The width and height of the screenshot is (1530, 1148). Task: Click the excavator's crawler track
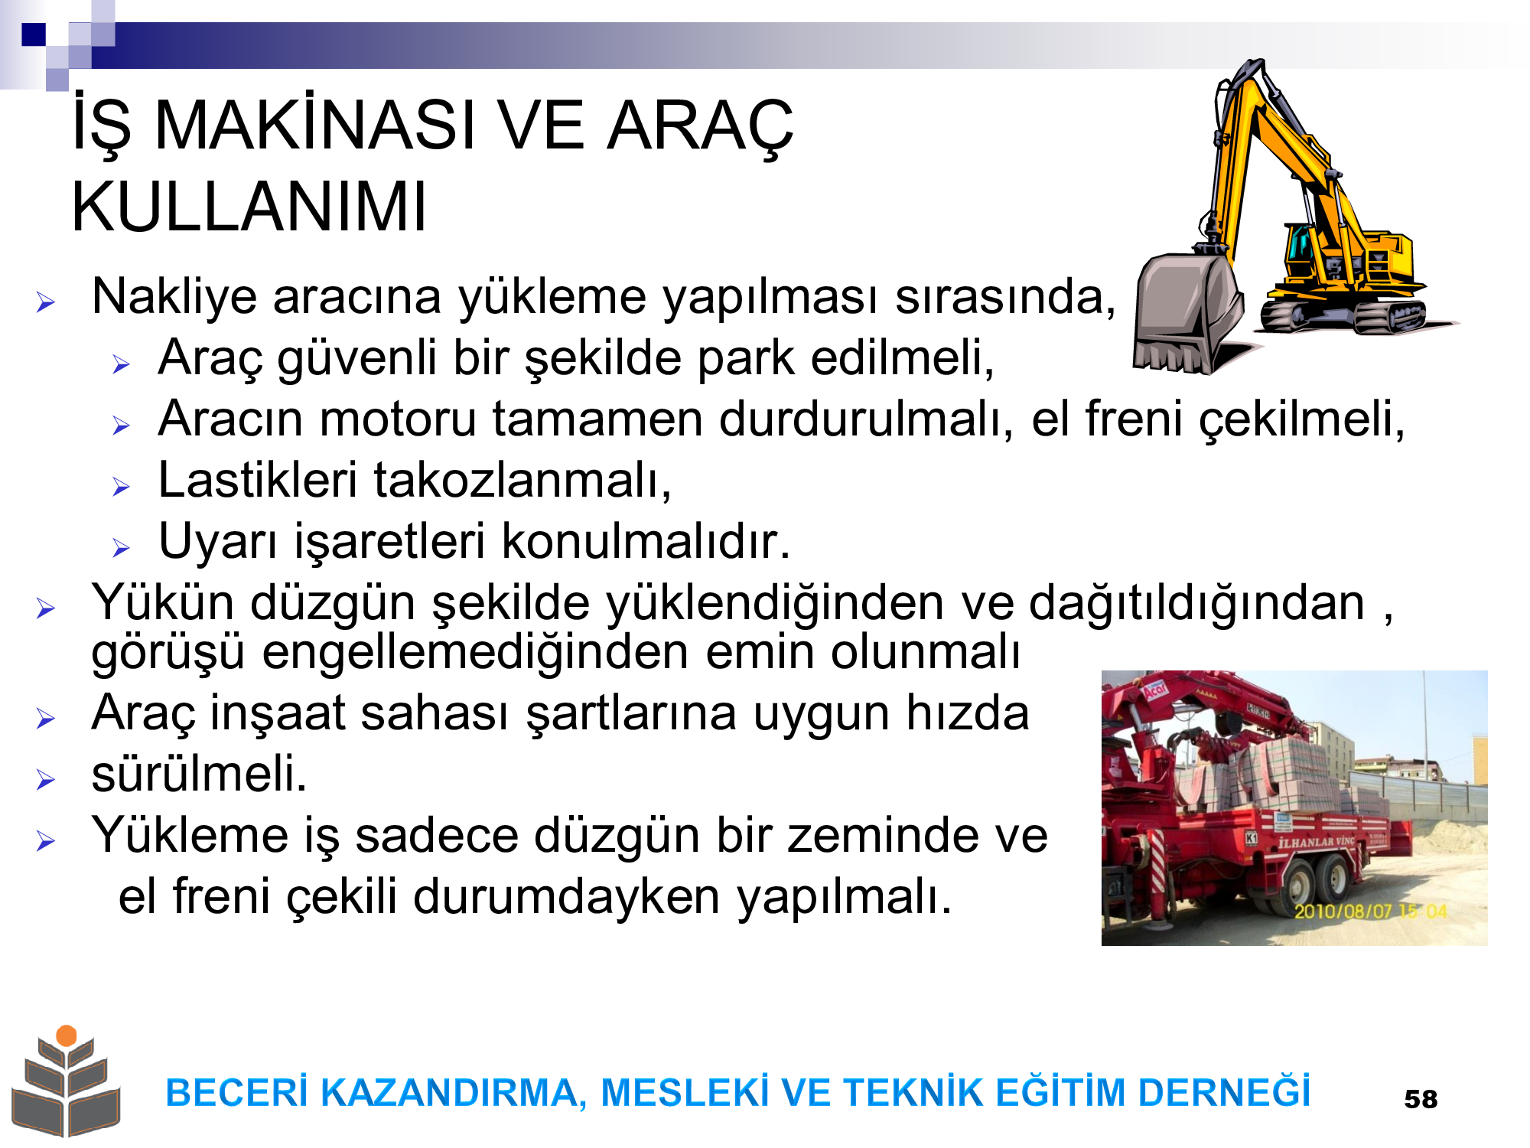coord(1343,315)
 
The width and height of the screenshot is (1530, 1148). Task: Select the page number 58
coord(1421,1099)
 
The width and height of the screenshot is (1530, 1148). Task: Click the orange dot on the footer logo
coord(67,1035)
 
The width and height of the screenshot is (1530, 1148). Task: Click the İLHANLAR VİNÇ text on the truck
coord(1317,843)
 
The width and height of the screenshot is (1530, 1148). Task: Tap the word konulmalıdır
coord(646,541)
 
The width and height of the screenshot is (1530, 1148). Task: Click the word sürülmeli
coord(199,773)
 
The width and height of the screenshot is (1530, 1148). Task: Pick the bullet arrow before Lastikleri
coord(122,486)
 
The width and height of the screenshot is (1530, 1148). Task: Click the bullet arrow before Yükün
coord(46,608)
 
